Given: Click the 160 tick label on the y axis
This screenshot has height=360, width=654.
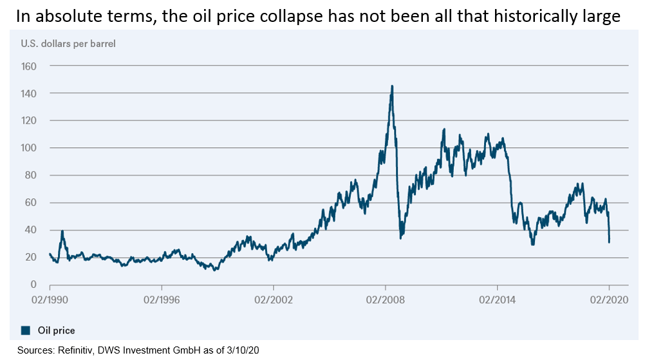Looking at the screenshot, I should [29, 66].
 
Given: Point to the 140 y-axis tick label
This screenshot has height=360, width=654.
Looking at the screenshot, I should [29, 93].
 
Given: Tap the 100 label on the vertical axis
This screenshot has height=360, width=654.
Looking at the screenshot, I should [29, 148].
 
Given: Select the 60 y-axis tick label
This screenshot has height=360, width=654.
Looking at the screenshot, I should [31, 203].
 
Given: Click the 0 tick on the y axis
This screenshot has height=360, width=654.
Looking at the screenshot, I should [33, 285].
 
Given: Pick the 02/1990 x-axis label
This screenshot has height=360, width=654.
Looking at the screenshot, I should [50, 299].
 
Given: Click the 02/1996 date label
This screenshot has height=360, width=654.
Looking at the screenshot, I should [162, 299].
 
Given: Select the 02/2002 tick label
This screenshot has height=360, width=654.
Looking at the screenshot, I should [274, 299].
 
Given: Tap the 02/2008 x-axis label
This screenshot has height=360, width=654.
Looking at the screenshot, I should [386, 299].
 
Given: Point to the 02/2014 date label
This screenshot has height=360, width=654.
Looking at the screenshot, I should [498, 299].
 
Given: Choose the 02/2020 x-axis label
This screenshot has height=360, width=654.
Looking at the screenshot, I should [609, 299].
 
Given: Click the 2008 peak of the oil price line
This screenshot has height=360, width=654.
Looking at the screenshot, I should [392, 86].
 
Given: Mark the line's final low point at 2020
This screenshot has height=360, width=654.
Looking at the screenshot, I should [609, 242].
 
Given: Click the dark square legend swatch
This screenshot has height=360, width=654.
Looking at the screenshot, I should [26, 330].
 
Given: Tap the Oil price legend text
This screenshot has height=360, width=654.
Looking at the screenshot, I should [55, 330].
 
